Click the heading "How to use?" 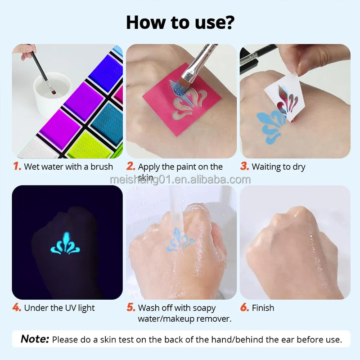tap(180, 22)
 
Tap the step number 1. tap(17, 166)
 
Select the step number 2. tap(131, 166)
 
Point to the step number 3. tap(244, 166)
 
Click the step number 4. tap(17, 308)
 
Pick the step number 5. tap(131, 308)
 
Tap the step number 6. tap(244, 308)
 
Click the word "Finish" tap(263, 308)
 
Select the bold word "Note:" tap(35, 339)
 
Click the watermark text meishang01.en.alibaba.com tap(180, 180)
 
